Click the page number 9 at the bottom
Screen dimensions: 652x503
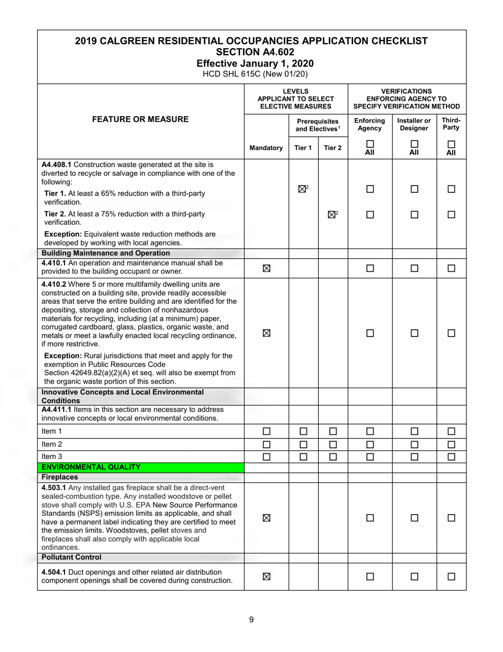point(251,620)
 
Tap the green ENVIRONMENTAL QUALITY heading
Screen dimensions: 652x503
point(91,467)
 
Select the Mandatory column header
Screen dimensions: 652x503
point(266,148)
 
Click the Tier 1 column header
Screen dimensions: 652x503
point(303,148)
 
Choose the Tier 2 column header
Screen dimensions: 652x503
point(333,148)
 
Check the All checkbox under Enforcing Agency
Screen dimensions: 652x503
point(370,144)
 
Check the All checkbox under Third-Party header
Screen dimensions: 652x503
point(451,144)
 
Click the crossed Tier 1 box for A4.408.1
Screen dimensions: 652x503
point(302,189)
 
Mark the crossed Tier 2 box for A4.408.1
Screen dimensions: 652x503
point(332,215)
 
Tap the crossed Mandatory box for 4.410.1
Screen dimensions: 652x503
point(266,268)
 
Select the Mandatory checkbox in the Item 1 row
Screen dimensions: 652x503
point(266,431)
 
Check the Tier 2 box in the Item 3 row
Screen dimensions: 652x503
point(333,456)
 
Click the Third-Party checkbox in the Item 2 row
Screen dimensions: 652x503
point(451,444)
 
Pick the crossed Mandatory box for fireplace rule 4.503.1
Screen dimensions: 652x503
point(266,518)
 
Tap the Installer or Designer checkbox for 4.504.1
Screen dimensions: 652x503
point(414,577)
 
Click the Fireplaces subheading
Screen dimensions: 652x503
point(60,477)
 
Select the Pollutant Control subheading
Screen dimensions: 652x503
point(71,557)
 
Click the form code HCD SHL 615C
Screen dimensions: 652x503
point(237,74)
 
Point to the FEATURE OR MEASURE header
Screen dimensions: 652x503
point(140,119)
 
